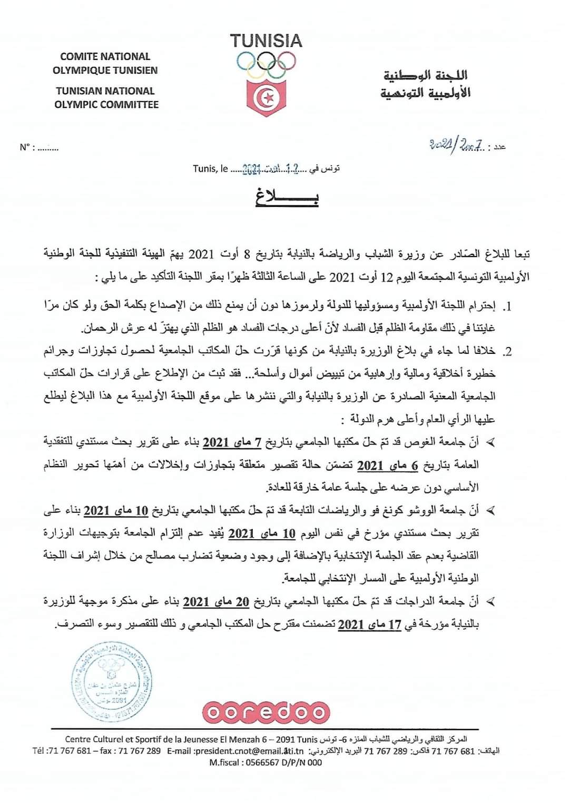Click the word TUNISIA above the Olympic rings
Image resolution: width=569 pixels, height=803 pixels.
(266, 41)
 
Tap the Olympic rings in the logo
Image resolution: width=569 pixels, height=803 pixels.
(266, 64)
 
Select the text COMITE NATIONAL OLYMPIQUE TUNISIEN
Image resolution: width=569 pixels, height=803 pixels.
(105, 63)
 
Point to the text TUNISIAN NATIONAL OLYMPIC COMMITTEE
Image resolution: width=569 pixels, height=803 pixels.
(106, 97)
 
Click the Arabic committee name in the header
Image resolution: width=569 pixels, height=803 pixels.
(426, 85)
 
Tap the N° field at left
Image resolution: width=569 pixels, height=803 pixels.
(39, 147)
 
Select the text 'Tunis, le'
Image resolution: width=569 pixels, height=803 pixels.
(210, 168)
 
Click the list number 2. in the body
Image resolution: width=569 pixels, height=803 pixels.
(507, 352)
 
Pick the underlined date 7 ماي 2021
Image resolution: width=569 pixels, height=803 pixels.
(232, 442)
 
